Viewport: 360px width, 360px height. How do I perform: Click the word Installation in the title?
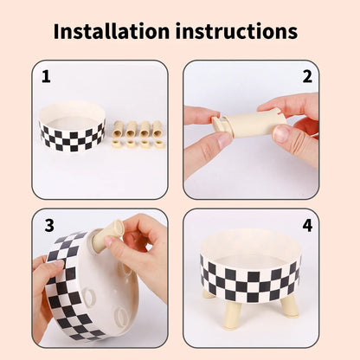coord(110,32)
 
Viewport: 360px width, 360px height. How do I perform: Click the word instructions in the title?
coord(234,32)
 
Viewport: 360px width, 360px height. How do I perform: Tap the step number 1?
coord(46,76)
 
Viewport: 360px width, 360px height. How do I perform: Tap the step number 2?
coord(306,76)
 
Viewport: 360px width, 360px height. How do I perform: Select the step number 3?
coord(49,225)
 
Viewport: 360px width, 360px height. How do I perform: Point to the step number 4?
coord(306,225)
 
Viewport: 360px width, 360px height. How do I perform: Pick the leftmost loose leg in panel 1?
coord(116,133)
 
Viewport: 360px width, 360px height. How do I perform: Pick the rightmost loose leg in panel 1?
coord(159,133)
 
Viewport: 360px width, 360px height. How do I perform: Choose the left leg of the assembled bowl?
coord(209,299)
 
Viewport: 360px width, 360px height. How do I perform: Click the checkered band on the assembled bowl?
coord(250,278)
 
